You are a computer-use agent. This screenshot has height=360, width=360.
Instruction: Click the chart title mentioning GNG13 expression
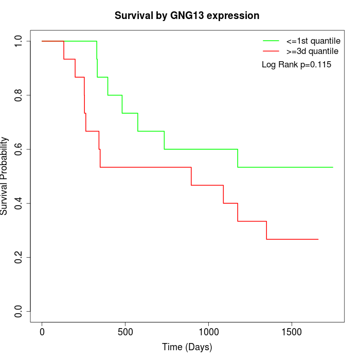coord(187,16)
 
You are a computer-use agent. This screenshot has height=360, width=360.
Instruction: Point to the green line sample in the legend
coord(271,41)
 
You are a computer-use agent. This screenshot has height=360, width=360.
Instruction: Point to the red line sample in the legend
coord(271,51)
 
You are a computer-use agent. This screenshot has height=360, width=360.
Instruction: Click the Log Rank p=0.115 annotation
coord(296,65)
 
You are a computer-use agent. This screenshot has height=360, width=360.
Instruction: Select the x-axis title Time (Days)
coord(187,347)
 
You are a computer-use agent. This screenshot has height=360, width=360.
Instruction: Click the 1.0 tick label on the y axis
coord(19,41)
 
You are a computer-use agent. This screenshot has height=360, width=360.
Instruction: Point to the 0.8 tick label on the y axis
coord(19,95)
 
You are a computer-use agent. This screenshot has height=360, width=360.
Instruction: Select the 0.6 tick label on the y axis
coord(19,149)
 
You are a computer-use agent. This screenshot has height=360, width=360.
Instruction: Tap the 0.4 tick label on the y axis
coord(19,203)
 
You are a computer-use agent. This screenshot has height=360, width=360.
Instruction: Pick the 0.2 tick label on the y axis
coord(19,257)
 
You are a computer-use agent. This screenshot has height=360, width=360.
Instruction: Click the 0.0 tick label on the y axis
coord(19,311)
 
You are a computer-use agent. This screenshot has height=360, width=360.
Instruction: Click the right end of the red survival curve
coord(318,239)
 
